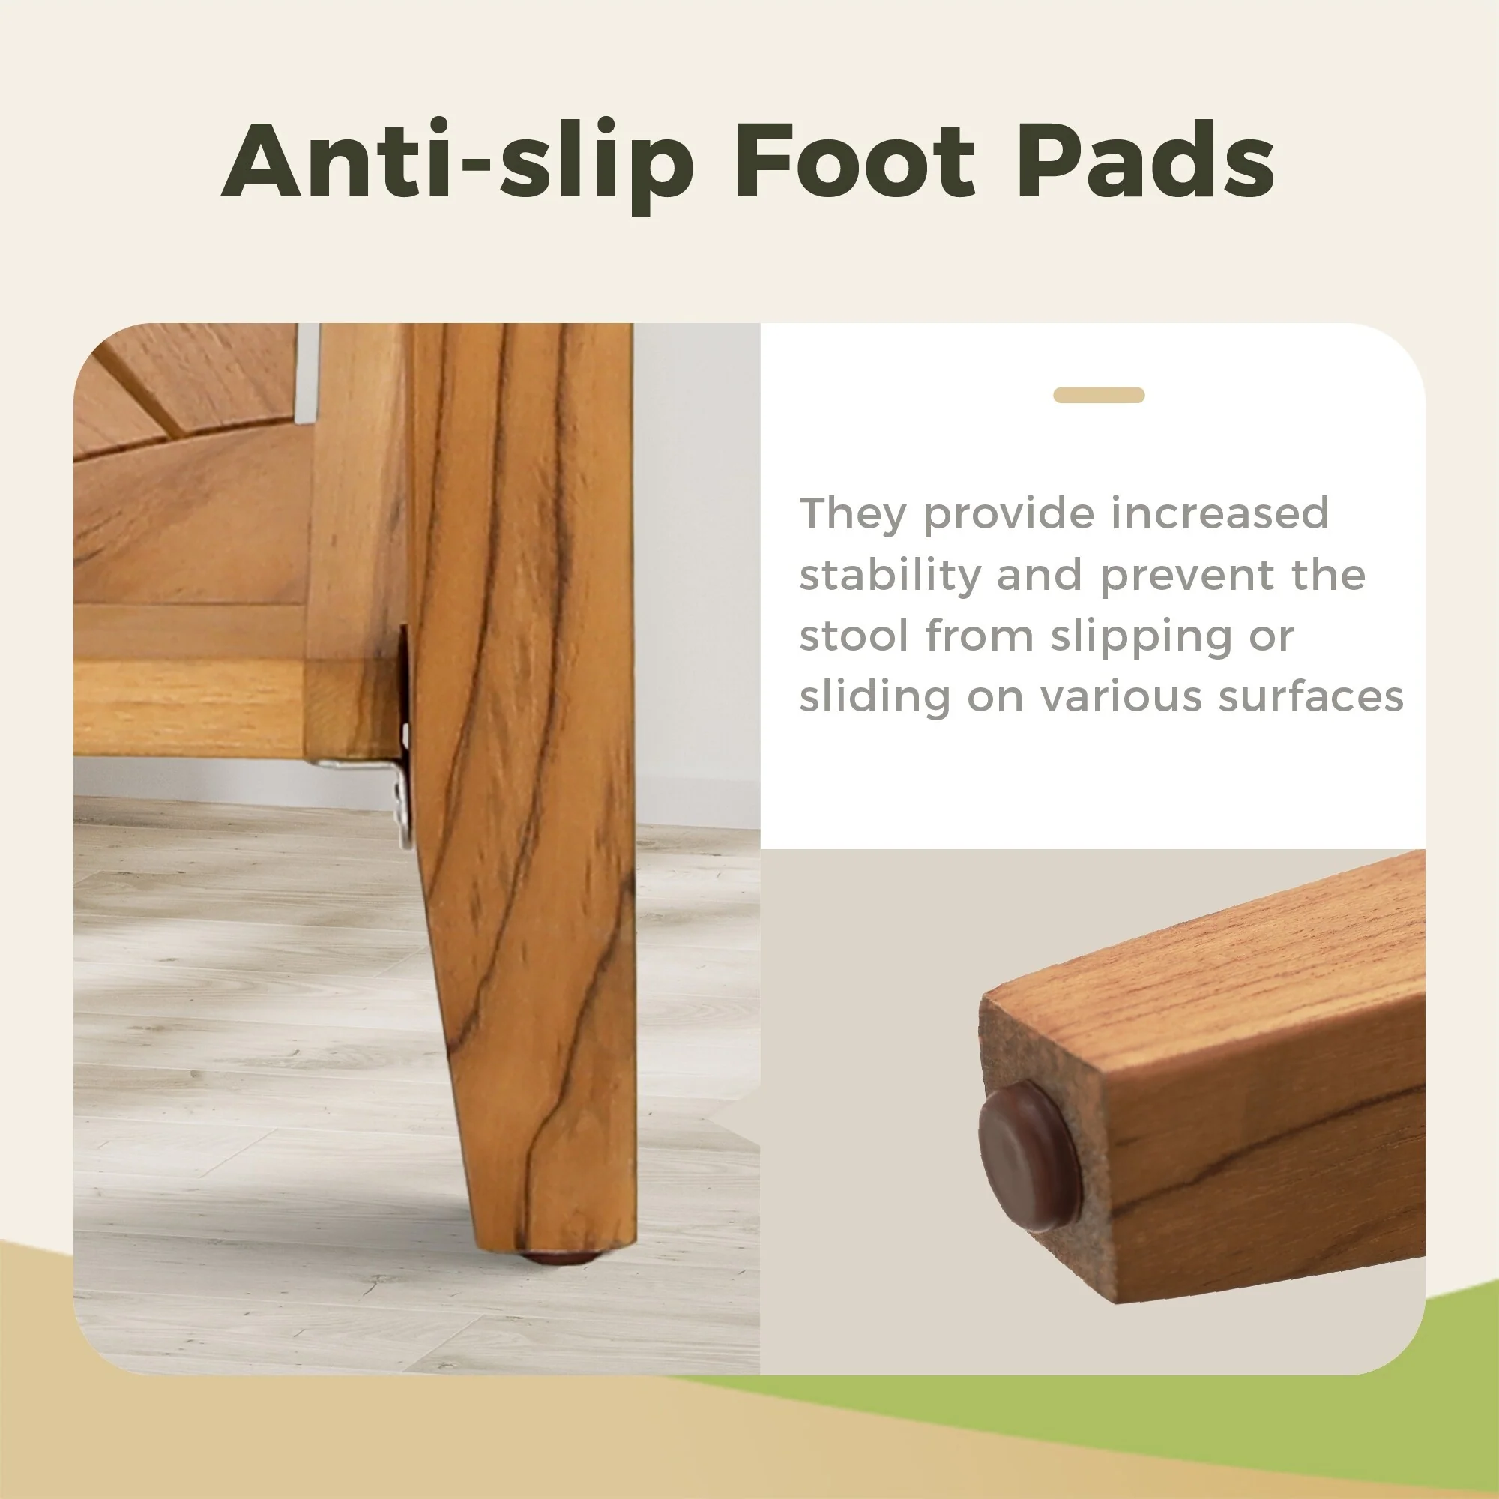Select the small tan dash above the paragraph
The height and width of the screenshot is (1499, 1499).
point(1098,396)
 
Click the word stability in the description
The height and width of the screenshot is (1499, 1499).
point(890,575)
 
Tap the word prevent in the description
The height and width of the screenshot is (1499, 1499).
point(1188,575)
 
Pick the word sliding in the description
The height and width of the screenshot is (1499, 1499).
point(875,697)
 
